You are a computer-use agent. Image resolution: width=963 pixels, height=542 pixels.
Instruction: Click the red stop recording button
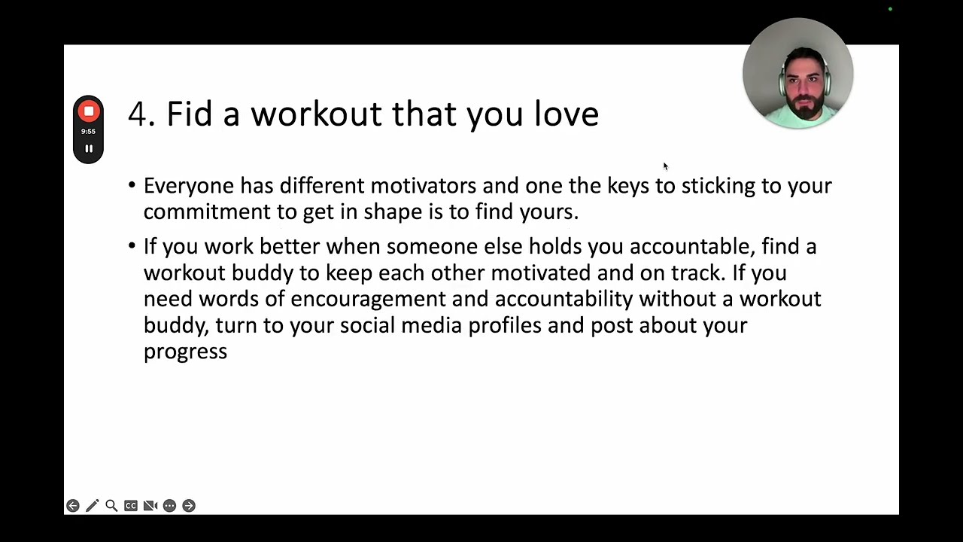[89, 111]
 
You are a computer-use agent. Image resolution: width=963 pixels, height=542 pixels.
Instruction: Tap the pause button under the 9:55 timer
[89, 148]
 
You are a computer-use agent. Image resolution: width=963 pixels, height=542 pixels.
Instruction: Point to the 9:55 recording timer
[88, 131]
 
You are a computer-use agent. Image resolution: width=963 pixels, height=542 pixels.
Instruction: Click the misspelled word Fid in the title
[189, 114]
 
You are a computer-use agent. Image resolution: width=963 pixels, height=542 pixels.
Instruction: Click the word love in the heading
[567, 114]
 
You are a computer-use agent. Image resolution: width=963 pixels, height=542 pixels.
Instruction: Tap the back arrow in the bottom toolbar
[73, 505]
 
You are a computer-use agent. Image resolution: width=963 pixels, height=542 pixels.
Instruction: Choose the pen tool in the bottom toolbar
[92, 505]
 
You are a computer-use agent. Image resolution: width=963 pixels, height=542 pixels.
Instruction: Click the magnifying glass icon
[111, 505]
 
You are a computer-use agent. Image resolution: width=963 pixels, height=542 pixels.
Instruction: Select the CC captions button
[131, 505]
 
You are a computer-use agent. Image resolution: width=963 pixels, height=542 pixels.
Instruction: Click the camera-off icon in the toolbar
[150, 505]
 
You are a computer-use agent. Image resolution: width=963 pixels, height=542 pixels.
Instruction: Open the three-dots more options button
[169, 505]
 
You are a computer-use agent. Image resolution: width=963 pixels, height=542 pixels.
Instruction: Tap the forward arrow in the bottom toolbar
[189, 505]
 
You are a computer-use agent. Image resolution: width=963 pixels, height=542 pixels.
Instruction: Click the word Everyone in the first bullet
[189, 187]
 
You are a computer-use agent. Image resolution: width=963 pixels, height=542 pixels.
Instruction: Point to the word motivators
[423, 186]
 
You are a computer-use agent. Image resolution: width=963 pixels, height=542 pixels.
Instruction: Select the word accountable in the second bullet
[693, 247]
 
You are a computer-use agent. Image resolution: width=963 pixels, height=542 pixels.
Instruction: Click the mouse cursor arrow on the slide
[666, 166]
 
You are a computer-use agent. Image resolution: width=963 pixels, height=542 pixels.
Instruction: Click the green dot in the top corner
[890, 9]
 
